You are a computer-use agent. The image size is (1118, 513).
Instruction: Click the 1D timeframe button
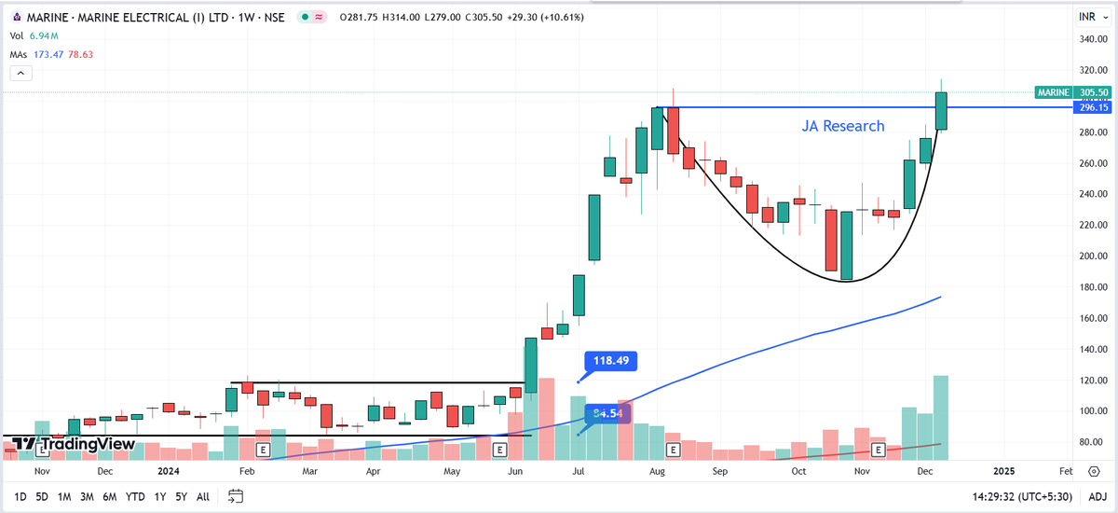[20, 497]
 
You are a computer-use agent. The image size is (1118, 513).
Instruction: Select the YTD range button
[135, 497]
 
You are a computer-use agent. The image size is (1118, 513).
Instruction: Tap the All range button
[202, 497]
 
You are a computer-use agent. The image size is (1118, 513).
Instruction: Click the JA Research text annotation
[843, 126]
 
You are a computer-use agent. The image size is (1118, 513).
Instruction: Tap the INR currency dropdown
[1089, 17]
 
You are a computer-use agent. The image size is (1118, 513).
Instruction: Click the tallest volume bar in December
[941, 418]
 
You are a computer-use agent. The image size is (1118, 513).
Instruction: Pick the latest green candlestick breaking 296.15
[941, 111]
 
